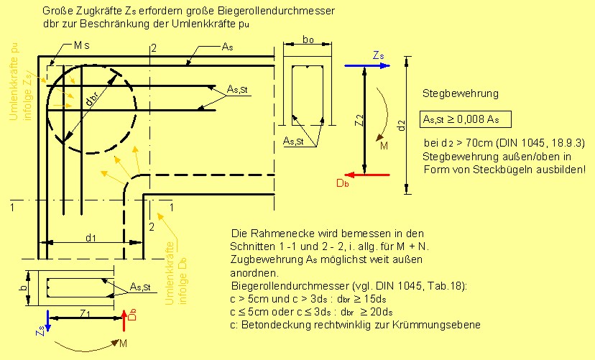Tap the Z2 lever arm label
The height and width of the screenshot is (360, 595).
pos(358,122)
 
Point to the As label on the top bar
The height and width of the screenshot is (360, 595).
pos(227,46)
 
